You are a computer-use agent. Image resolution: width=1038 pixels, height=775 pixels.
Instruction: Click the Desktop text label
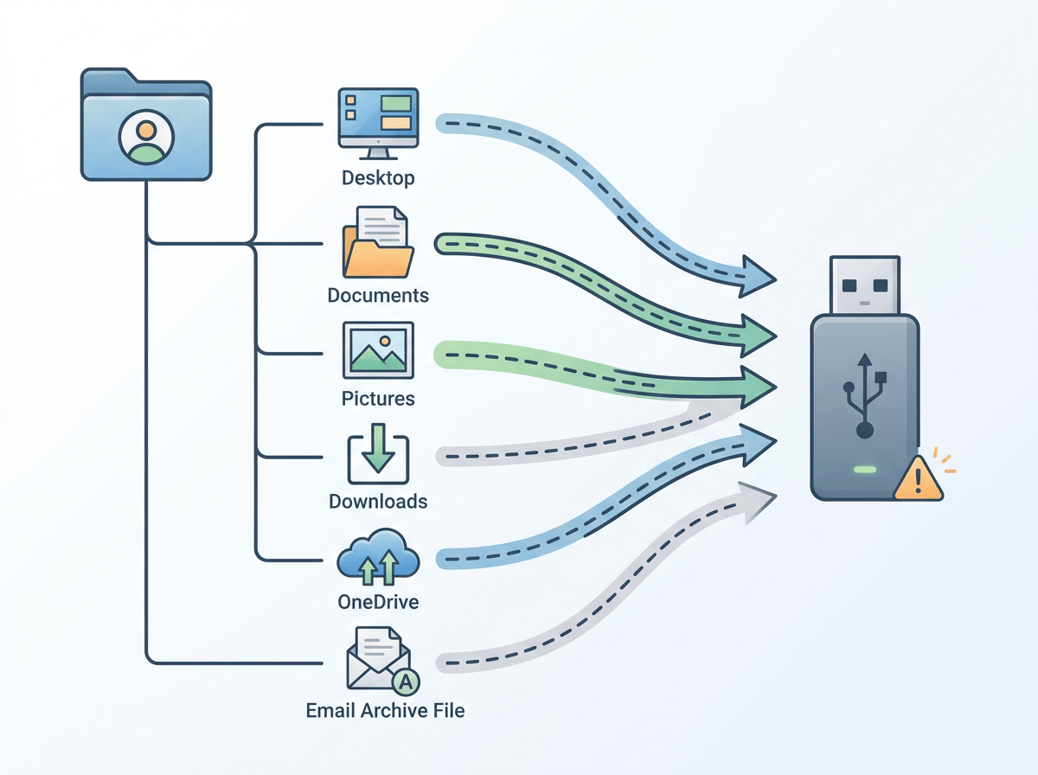coord(378,179)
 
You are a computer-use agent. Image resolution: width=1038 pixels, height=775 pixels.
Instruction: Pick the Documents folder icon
coord(378,241)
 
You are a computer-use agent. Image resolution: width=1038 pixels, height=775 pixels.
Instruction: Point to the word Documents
coord(378,295)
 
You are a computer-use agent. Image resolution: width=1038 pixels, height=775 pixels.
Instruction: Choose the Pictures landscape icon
coord(378,350)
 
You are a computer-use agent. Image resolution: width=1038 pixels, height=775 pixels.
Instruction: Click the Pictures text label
coord(378,399)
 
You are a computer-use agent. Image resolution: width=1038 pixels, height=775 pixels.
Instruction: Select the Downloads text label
coord(378,502)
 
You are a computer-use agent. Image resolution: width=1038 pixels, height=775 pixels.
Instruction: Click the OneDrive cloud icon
coord(378,559)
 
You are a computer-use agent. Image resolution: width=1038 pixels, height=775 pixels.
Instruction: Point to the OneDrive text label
coord(378,602)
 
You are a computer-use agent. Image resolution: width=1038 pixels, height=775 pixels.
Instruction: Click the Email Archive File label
coord(385,711)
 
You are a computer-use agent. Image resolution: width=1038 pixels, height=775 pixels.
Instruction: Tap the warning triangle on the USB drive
coord(919,477)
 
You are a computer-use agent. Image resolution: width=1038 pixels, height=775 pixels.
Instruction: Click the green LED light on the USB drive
coord(864,471)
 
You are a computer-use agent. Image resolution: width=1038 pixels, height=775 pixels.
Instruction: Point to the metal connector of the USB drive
coord(864,285)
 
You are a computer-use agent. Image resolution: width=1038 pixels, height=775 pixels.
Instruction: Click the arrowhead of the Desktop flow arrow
coord(758,272)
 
